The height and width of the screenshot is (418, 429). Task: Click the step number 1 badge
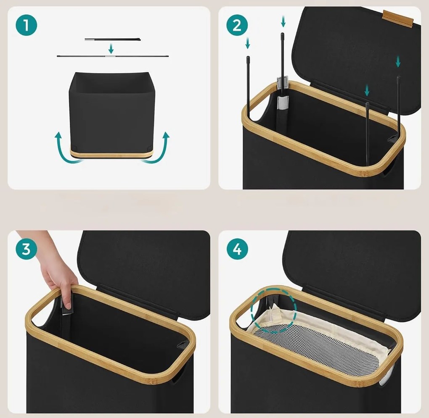coord(26,25)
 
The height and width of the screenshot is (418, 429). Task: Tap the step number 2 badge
coord(237,25)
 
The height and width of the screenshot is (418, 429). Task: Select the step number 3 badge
coord(26,249)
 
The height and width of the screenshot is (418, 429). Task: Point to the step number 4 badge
coord(237,249)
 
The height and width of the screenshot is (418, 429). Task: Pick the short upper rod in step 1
coord(113,39)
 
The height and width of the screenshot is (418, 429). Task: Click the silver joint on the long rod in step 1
coord(110,56)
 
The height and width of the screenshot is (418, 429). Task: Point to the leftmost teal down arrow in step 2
coord(248,43)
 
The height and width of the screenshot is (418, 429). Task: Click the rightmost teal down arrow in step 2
coord(398,61)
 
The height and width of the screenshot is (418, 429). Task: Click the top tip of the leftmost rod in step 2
coord(248,58)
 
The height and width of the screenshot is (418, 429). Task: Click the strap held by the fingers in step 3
coord(66,303)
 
